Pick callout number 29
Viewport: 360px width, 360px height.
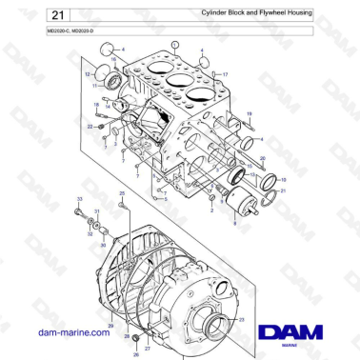coord(111,326)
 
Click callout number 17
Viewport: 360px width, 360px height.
coord(225,73)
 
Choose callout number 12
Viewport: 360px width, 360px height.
coord(88,72)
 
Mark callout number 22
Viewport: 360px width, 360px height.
coord(89,125)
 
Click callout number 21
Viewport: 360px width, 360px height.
coord(283,190)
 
